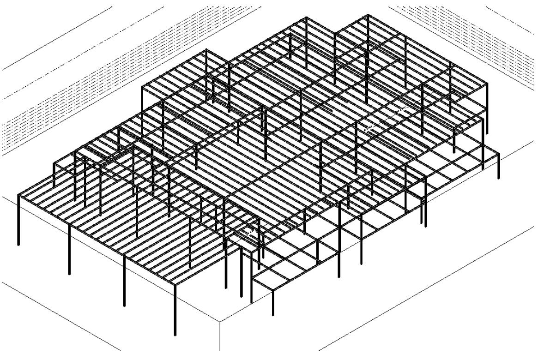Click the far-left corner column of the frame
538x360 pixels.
[18, 220]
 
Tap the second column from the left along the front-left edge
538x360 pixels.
[69, 249]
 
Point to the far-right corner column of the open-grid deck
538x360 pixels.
[498, 166]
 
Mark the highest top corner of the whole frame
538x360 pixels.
[368, 15]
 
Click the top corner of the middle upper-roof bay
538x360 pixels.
[306, 18]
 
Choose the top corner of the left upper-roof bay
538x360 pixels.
[206, 50]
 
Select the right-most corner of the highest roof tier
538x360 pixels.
[487, 84]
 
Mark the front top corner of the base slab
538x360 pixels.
[220, 321]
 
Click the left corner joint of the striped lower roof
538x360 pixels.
[18, 195]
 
